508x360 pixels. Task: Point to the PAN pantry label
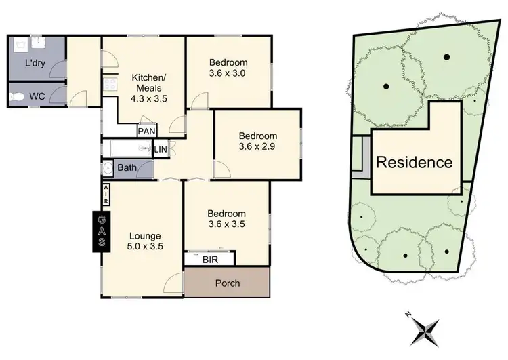point(146,131)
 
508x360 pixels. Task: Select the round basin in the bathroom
point(108,167)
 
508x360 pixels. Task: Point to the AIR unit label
point(106,195)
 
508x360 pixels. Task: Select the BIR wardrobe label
point(210,258)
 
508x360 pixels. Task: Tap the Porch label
point(227,282)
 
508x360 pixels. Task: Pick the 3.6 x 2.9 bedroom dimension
point(257,145)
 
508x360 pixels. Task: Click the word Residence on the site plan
point(414,163)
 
